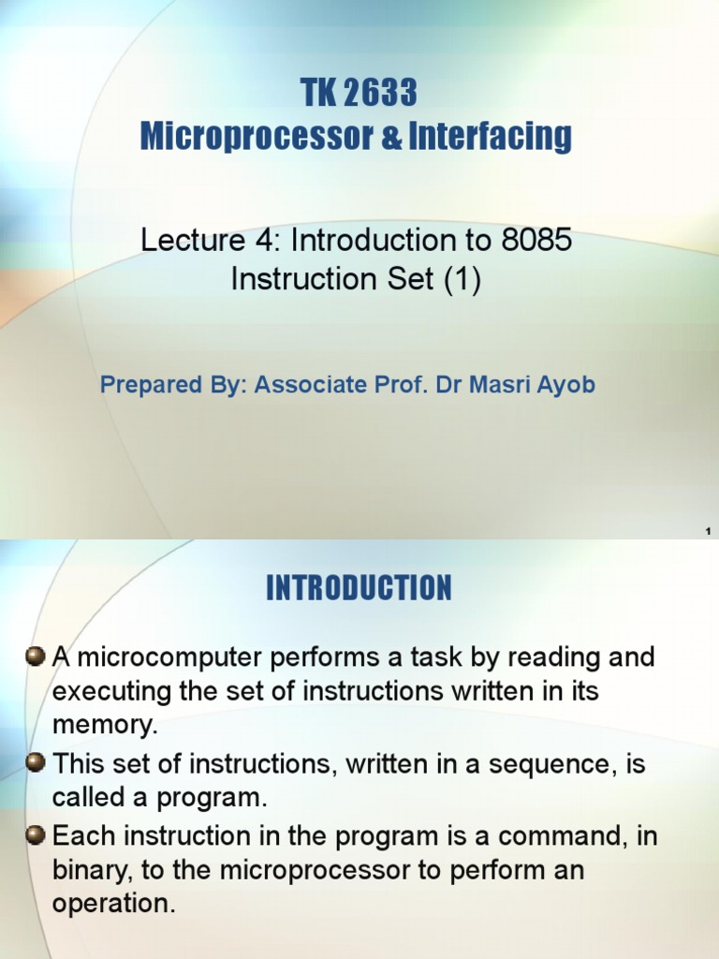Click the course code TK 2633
click(358, 94)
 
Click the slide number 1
click(708, 532)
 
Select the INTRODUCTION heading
click(359, 588)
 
